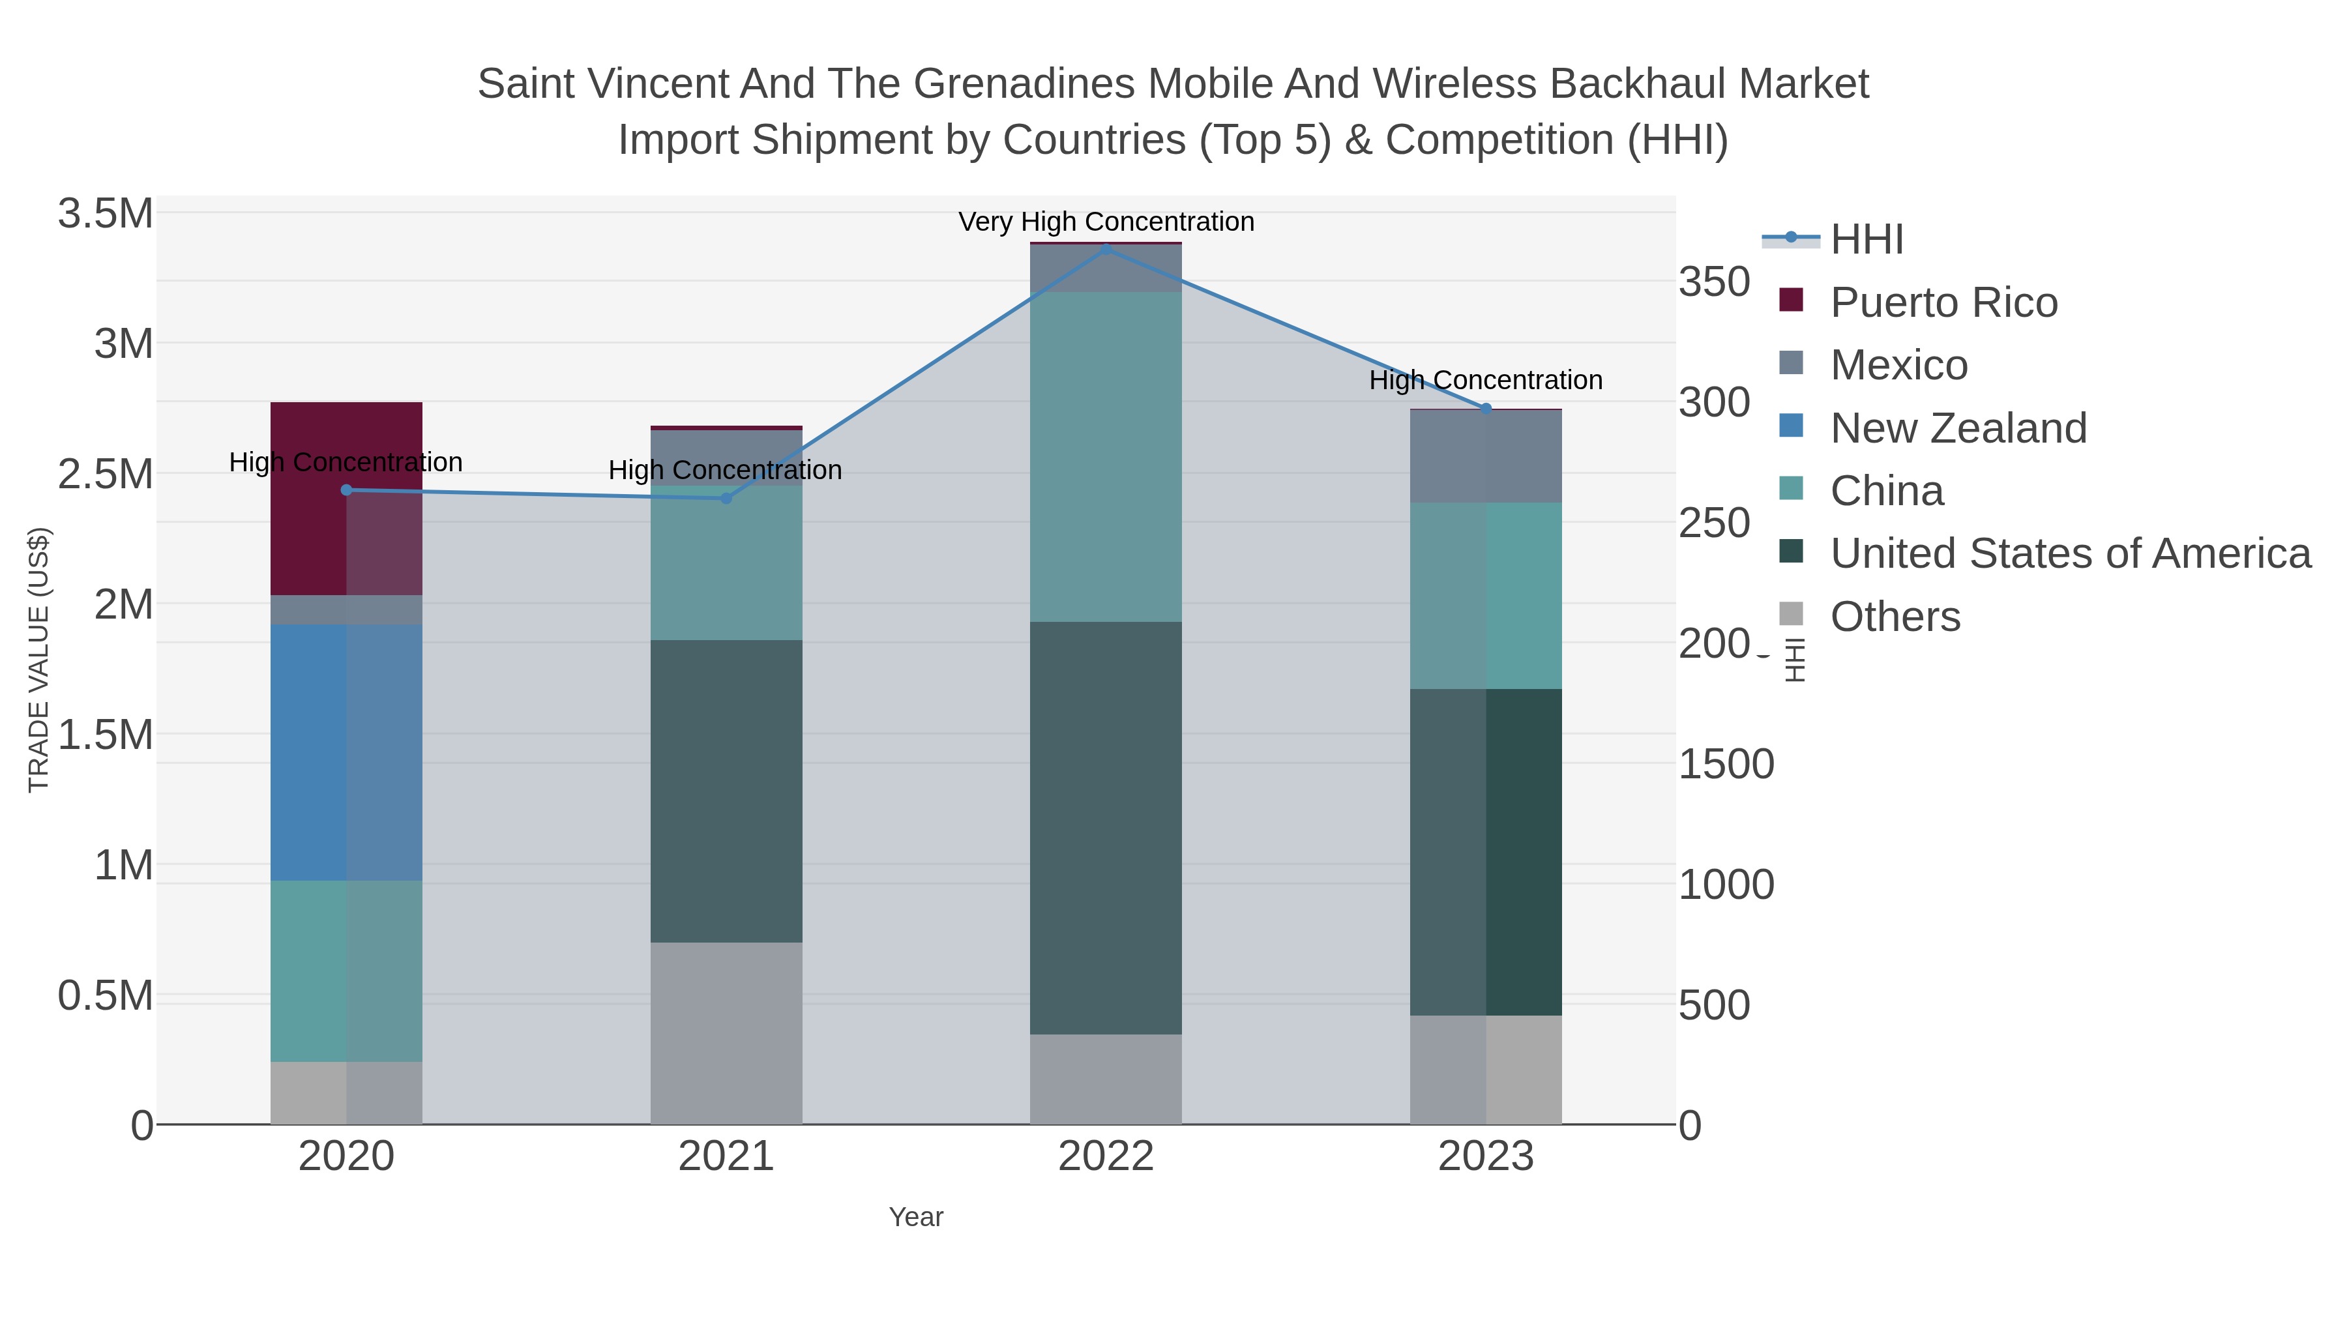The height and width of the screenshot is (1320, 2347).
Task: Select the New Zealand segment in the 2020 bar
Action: (346, 752)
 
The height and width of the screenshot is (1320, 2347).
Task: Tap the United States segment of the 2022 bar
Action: (1105, 827)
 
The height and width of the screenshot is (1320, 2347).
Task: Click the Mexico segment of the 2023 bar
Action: (1485, 456)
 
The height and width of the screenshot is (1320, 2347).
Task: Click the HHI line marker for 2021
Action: (726, 498)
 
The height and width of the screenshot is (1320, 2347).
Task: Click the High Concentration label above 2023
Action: (1485, 380)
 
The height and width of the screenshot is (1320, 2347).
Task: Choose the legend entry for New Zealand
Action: (1957, 428)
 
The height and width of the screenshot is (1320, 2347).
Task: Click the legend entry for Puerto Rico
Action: (1943, 302)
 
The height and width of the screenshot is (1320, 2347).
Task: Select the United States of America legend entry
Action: (2069, 554)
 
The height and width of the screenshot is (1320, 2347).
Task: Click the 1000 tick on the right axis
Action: (1726, 885)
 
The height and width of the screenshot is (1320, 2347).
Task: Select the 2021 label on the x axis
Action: (726, 1157)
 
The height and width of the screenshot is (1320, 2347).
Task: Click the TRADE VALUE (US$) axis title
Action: (38, 660)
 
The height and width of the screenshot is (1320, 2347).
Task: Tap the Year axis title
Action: (916, 1217)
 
